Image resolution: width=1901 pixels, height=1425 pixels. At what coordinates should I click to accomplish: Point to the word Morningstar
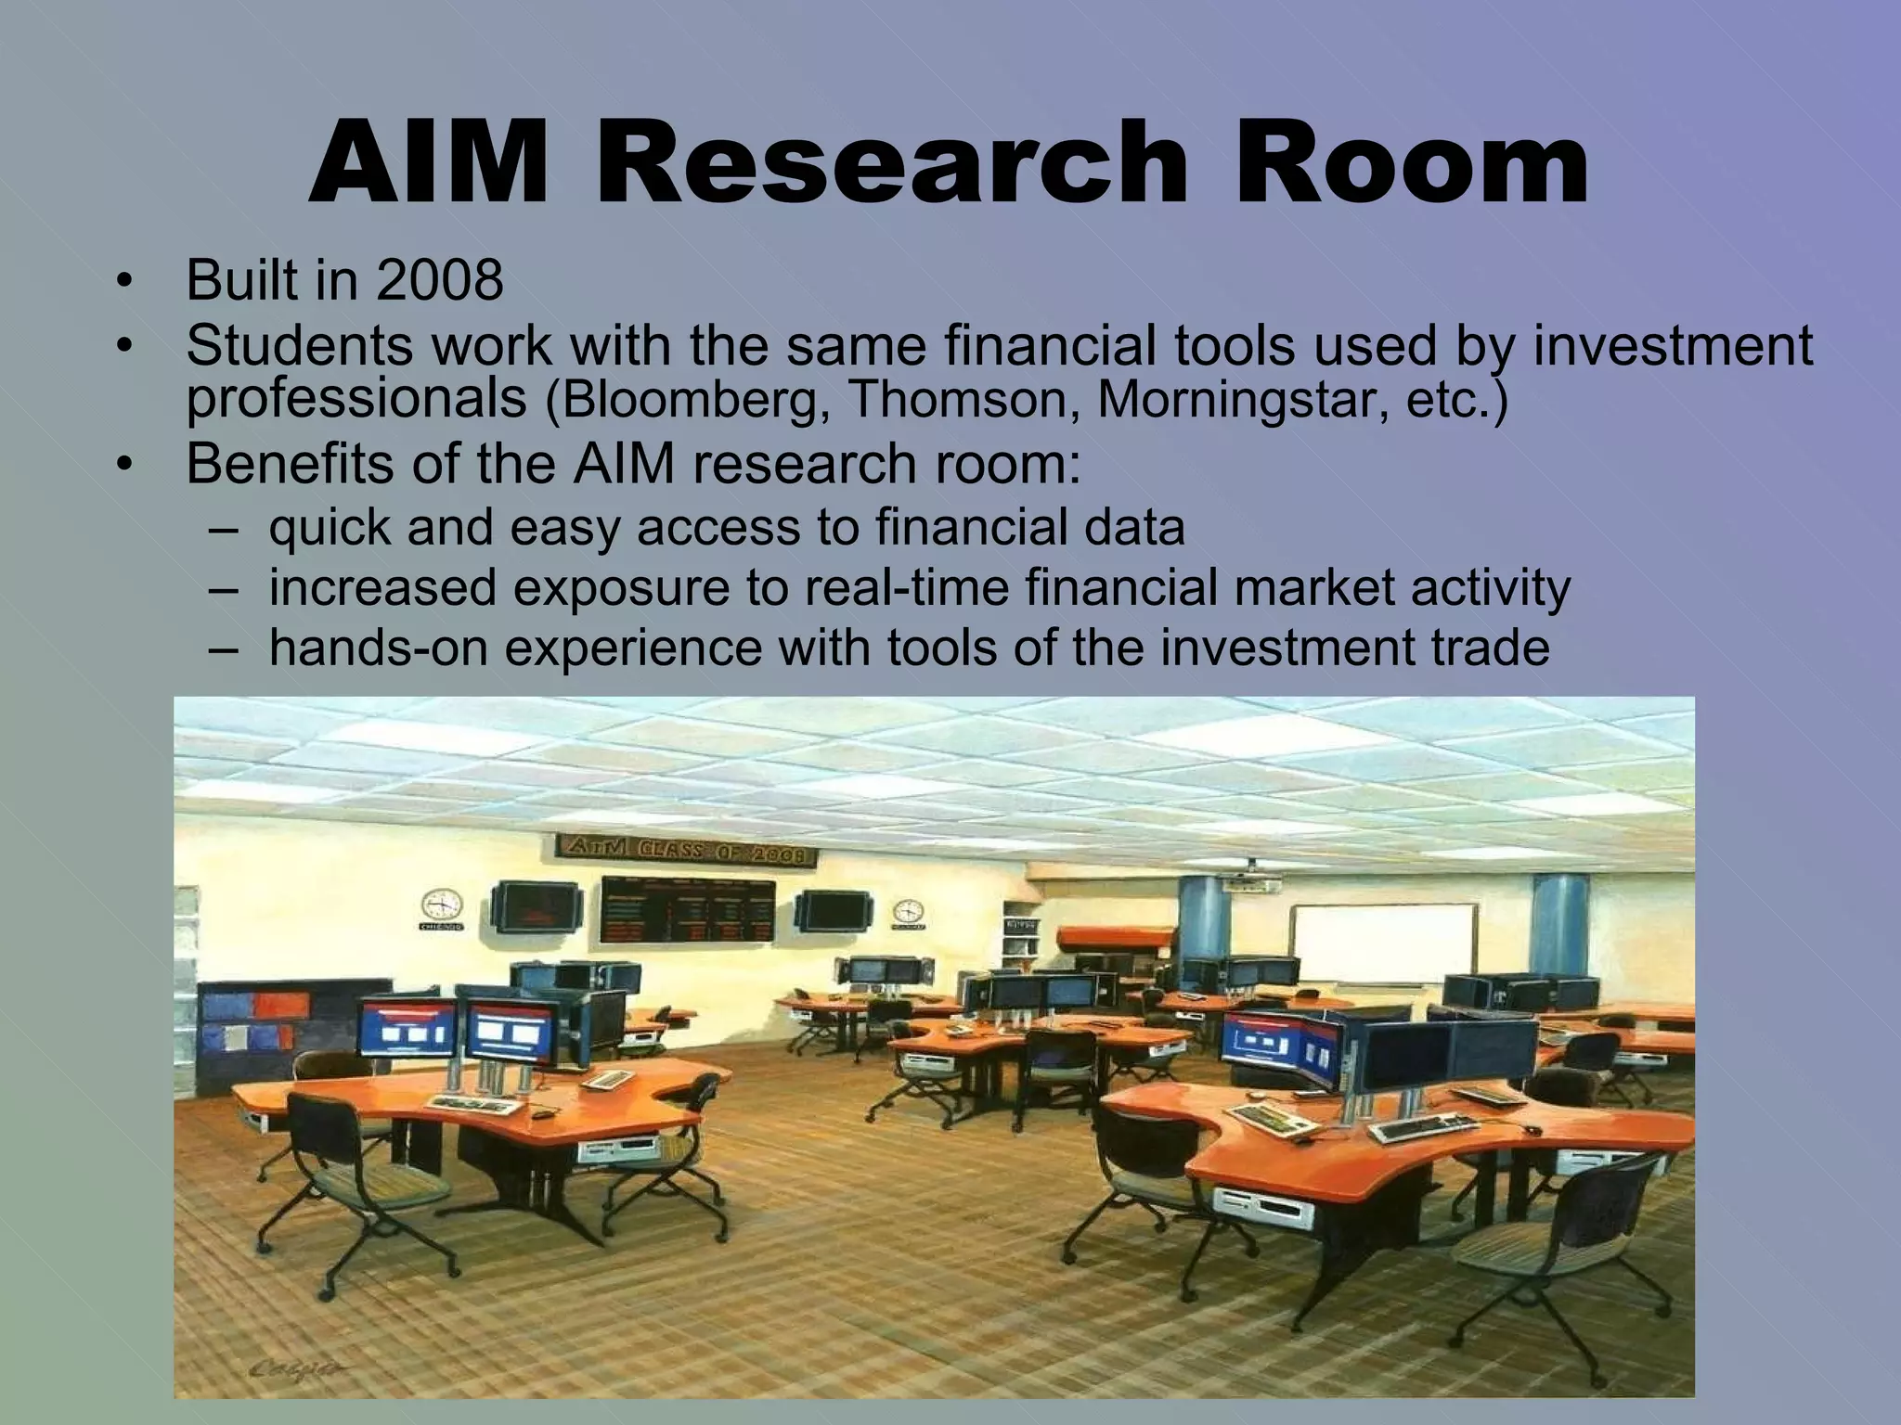(1240, 401)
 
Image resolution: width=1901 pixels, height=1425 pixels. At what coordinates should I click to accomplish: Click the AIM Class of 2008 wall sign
(686, 851)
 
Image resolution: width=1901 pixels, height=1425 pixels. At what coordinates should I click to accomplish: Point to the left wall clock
(442, 905)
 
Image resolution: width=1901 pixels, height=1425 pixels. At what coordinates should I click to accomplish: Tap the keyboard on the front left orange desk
(486, 1104)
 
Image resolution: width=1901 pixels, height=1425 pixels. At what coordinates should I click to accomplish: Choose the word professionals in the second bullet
(356, 399)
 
